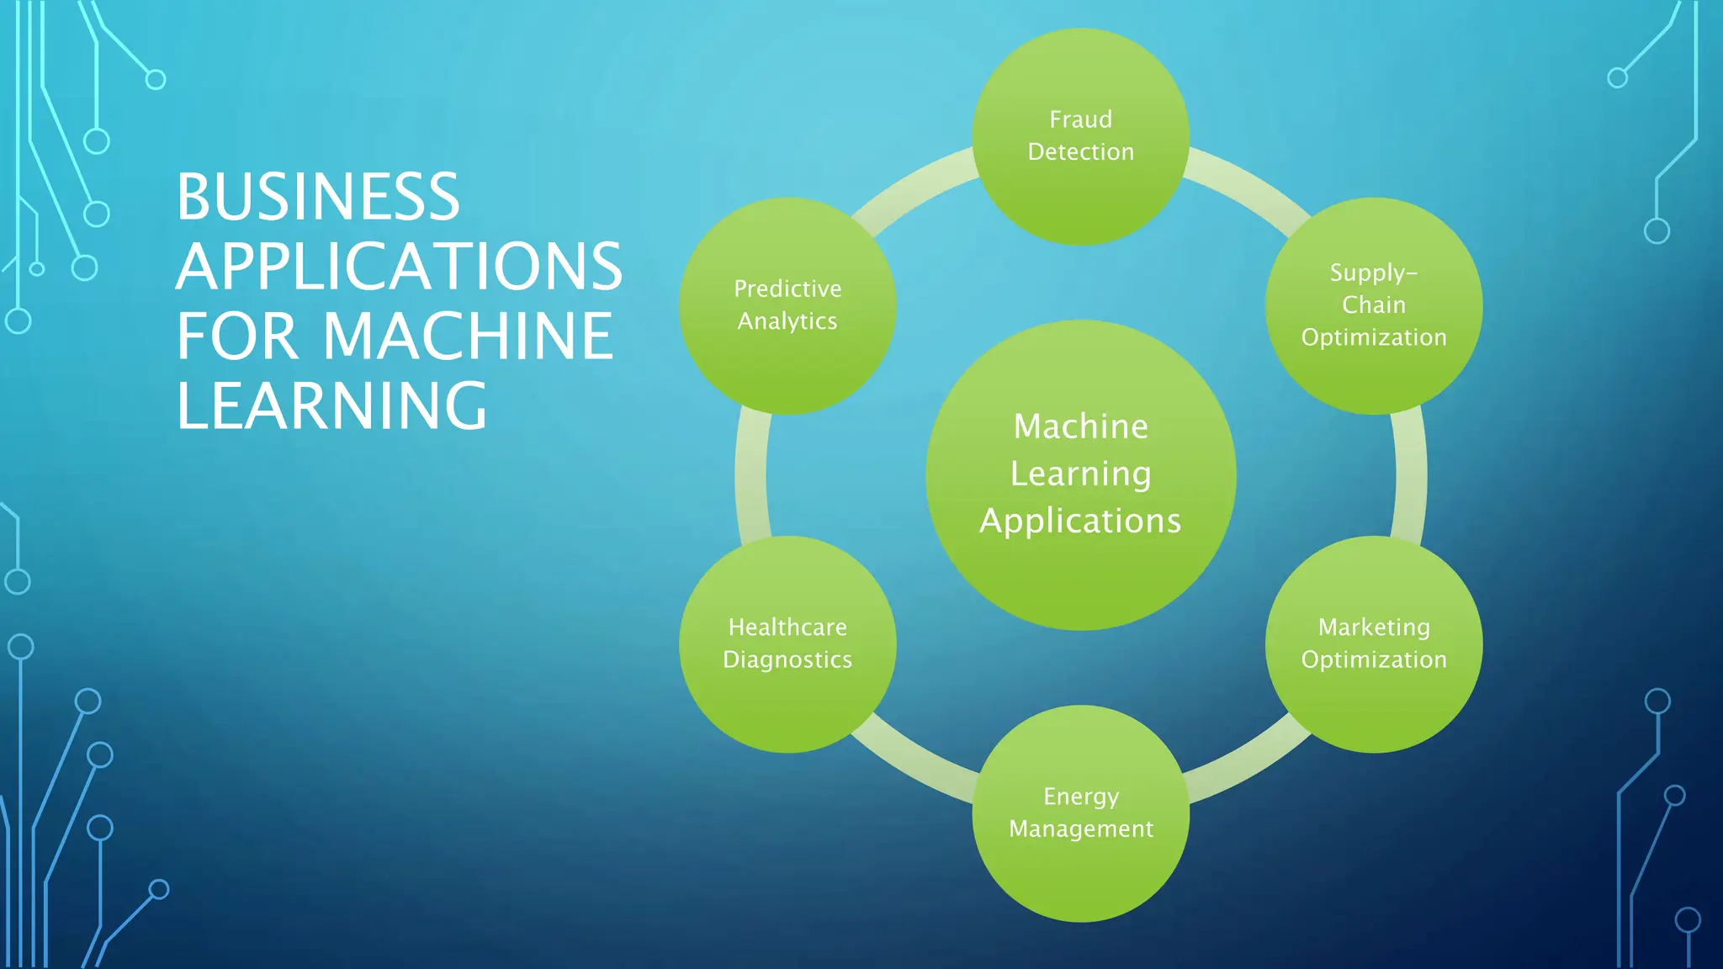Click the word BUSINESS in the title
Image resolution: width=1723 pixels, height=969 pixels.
click(x=318, y=197)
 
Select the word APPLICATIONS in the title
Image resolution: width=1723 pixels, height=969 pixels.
click(x=399, y=267)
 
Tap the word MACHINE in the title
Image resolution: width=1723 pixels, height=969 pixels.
click(x=468, y=336)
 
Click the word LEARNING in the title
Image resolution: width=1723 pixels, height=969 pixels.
click(x=331, y=406)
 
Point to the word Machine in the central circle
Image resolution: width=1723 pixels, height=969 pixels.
click(x=1080, y=426)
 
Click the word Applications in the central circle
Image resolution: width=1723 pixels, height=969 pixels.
click(x=1080, y=521)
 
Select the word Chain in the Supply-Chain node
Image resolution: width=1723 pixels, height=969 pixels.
click(x=1373, y=304)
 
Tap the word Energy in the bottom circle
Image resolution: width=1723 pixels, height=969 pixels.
click(x=1080, y=796)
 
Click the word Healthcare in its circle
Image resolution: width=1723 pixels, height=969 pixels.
click(x=787, y=627)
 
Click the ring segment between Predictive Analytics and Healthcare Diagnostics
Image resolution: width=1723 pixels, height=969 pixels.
click(x=751, y=475)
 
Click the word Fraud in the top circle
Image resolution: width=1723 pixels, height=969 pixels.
click(x=1080, y=119)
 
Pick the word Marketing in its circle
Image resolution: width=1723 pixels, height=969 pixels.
click(x=1373, y=627)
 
